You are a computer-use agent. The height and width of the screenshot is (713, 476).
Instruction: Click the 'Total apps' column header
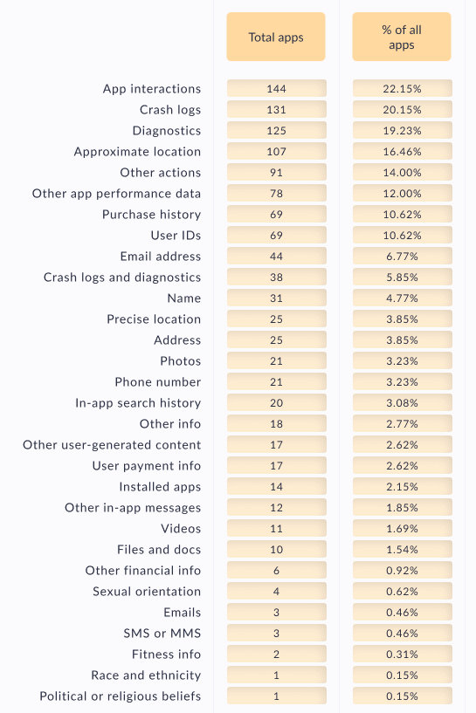(x=276, y=37)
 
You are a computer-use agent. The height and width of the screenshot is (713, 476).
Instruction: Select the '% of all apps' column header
(x=402, y=37)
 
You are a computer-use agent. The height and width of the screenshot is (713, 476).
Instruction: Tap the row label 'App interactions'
(x=152, y=89)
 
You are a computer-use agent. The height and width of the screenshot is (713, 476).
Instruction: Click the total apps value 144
(x=277, y=89)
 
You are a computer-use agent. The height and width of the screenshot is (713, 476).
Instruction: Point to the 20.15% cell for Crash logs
(x=403, y=110)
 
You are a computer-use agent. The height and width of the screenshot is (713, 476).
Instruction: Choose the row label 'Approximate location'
(x=137, y=152)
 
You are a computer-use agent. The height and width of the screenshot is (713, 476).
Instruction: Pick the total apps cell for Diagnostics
(x=277, y=131)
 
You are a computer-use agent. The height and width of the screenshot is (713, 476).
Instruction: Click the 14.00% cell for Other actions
(x=403, y=172)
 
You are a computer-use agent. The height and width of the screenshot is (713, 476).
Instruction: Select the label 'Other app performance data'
(x=116, y=193)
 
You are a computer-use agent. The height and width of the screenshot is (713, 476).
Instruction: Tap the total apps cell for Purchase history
(x=277, y=214)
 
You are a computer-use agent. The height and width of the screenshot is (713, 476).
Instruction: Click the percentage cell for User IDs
(x=403, y=235)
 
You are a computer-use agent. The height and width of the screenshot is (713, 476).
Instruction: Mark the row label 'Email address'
(x=160, y=256)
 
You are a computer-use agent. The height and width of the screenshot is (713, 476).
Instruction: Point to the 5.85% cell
(x=403, y=277)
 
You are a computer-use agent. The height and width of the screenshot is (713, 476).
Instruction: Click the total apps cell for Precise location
(x=277, y=319)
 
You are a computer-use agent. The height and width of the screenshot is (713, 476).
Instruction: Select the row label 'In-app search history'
(x=138, y=403)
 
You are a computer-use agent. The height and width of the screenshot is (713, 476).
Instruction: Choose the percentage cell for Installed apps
(x=403, y=487)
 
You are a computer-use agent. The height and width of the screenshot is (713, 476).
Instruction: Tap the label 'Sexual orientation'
(x=147, y=591)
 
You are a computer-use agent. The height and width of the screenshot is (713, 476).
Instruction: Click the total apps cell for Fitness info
(x=277, y=654)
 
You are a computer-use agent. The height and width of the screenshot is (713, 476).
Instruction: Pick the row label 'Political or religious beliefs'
(x=121, y=696)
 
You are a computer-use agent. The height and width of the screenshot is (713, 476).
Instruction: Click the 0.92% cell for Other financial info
(x=403, y=570)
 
